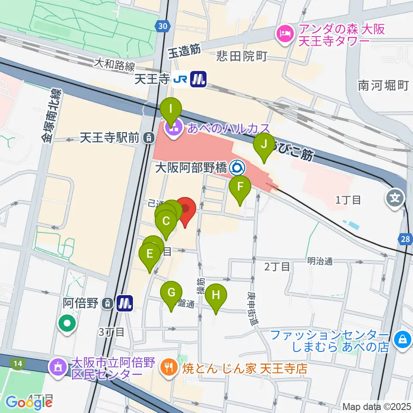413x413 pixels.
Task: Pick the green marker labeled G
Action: click(171, 293)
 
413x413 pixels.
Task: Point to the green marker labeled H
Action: click(216, 296)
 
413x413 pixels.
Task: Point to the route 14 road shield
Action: click(17, 364)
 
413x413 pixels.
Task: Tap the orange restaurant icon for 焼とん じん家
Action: click(167, 368)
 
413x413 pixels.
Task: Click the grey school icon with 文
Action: click(395, 198)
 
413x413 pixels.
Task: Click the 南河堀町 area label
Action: click(383, 86)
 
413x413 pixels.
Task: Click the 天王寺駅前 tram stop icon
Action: click(148, 138)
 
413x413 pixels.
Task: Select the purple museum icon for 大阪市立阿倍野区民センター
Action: click(57, 368)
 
